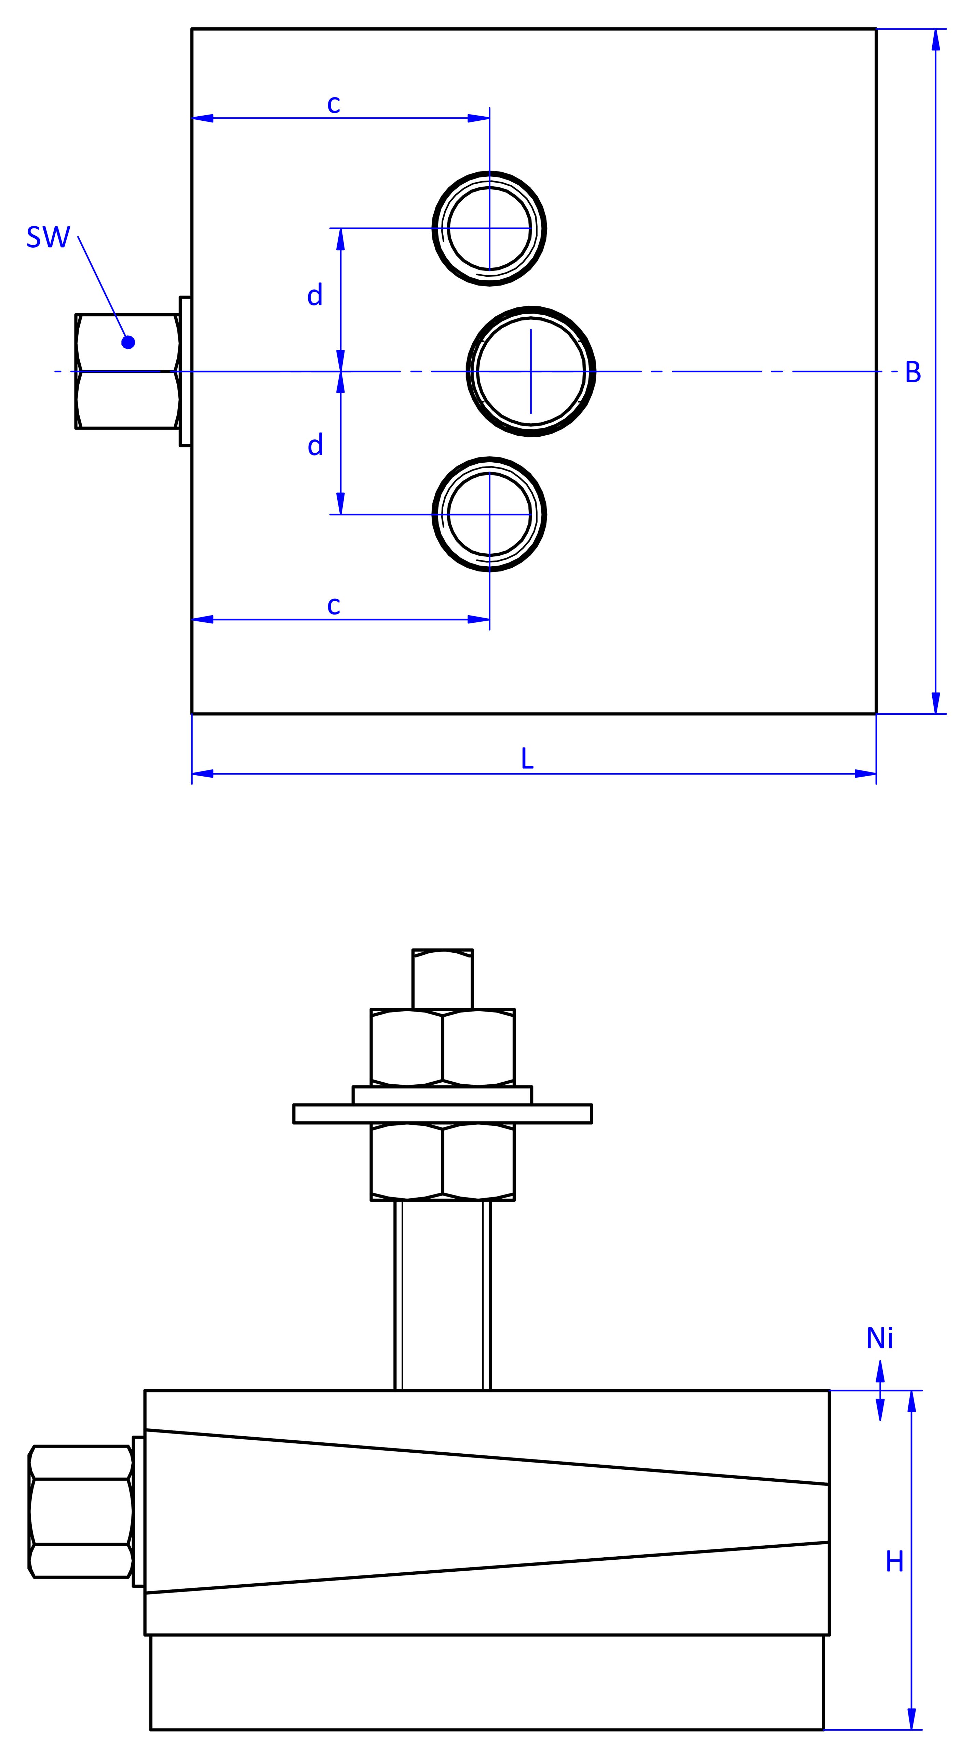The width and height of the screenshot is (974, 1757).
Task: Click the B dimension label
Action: click(x=913, y=372)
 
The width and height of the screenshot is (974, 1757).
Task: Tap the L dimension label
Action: click(x=527, y=758)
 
